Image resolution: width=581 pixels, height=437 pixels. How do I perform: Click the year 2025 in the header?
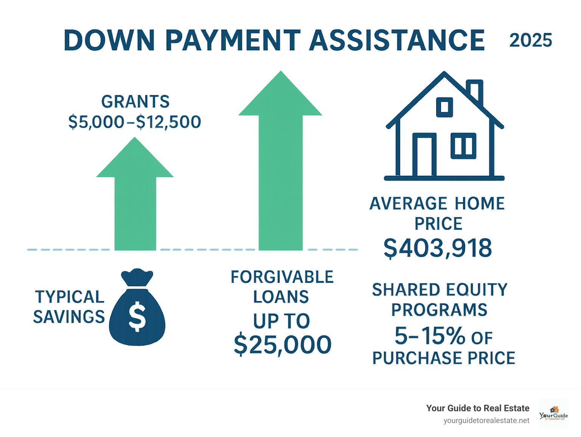[530, 41]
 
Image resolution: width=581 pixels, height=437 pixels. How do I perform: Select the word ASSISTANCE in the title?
[397, 40]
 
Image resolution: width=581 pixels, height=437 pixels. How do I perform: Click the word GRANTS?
[135, 102]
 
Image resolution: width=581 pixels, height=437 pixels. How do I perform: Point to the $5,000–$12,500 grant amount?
[135, 122]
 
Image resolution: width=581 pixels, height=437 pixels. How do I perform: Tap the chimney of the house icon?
[475, 92]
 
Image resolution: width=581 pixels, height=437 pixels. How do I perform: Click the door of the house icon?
[424, 156]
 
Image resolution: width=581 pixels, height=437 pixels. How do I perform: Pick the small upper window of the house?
[444, 107]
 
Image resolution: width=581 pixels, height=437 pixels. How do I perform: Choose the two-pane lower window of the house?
[463, 146]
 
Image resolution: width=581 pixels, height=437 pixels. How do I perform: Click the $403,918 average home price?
[438, 248]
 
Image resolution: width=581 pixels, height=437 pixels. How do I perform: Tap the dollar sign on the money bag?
[137, 316]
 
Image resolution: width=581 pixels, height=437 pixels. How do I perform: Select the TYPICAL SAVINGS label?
[69, 307]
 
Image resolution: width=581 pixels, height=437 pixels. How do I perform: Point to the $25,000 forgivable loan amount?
[283, 345]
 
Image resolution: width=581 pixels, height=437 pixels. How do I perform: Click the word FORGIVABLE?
[282, 277]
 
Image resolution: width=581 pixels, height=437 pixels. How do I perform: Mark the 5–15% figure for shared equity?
[429, 336]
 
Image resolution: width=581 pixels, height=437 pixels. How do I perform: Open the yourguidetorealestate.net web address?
[486, 421]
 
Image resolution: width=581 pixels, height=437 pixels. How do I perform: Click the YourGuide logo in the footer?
[553, 414]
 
